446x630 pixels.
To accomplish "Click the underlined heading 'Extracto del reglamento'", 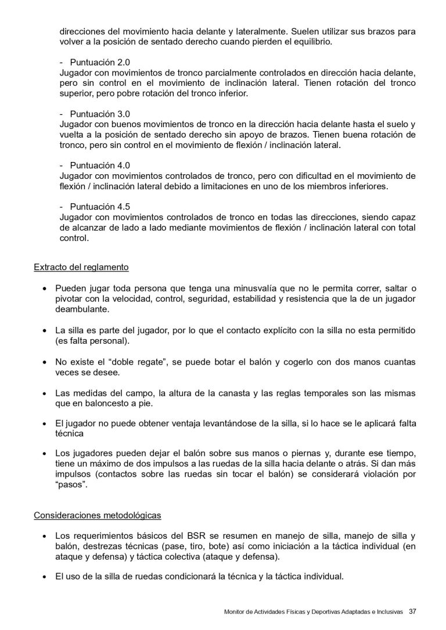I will coord(81,268).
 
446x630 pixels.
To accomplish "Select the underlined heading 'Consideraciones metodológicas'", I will coord(98,515).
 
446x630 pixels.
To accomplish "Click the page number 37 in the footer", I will coord(412,611).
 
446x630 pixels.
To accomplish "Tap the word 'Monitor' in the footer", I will coord(235,612).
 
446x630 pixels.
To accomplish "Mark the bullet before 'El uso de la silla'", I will coord(45,577).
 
